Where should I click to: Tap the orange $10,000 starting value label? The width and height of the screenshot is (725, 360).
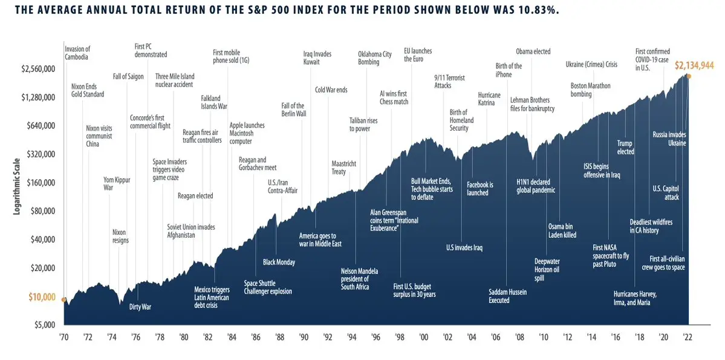coord(43,297)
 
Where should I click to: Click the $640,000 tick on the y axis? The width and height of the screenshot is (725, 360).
coord(39,126)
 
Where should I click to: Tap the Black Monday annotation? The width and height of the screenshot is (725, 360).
coord(279,262)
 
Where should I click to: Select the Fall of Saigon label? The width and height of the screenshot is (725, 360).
coord(128,76)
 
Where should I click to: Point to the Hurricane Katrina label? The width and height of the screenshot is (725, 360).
coord(489,99)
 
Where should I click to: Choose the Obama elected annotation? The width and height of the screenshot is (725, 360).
coord(533,51)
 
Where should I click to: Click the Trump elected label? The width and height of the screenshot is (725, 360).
coord(625,148)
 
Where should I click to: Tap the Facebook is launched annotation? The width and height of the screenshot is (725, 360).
coord(480,188)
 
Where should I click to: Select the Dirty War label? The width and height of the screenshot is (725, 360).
coord(140,307)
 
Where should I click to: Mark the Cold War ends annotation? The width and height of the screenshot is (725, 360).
coord(331,90)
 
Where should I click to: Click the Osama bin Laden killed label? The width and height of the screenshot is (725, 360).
coord(562,231)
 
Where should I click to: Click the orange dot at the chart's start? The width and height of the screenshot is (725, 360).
coord(63,298)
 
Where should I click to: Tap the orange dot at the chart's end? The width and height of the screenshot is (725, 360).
coord(688,76)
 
